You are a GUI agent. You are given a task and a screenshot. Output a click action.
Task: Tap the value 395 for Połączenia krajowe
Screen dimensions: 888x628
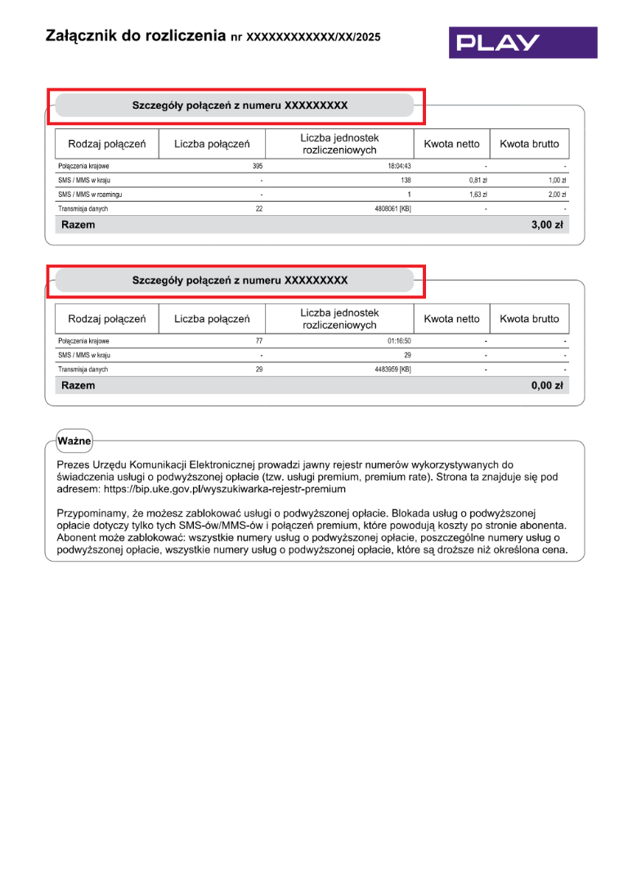[258, 166]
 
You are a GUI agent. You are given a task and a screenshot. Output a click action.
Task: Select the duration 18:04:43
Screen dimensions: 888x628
[398, 166]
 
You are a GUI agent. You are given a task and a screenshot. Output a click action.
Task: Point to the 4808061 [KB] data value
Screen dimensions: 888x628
[392, 209]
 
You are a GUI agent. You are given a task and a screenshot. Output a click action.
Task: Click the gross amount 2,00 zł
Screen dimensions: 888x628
[558, 195]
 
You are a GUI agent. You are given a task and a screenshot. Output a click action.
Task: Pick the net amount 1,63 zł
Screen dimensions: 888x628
[478, 195]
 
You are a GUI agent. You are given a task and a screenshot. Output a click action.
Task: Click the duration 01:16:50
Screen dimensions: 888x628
[399, 341]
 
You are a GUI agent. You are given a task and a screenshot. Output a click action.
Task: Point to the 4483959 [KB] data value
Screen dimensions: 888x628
[392, 370]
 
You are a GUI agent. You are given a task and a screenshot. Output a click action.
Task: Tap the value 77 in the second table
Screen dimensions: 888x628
[259, 341]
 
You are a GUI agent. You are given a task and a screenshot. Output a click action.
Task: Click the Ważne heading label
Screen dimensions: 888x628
[74, 441]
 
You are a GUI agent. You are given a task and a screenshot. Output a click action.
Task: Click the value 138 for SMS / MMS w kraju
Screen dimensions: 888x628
[405, 180]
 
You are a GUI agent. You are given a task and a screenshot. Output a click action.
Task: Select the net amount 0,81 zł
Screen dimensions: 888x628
[478, 180]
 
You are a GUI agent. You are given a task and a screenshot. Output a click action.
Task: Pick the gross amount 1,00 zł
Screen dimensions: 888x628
[558, 180]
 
